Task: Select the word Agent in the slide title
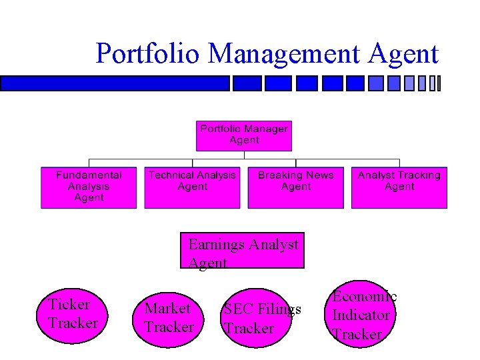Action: click(403, 54)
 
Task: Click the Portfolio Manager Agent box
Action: click(244, 135)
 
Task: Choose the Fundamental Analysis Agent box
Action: click(89, 187)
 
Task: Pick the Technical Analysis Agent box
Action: click(192, 187)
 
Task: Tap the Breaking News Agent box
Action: click(296, 187)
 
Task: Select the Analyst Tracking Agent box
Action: click(399, 187)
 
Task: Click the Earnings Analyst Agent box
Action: click(243, 251)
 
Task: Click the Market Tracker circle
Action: click(169, 319)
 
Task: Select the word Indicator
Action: click(361, 315)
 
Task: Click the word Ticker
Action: click(69, 305)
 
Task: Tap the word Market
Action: click(167, 309)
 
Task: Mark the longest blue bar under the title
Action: click(115, 83)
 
